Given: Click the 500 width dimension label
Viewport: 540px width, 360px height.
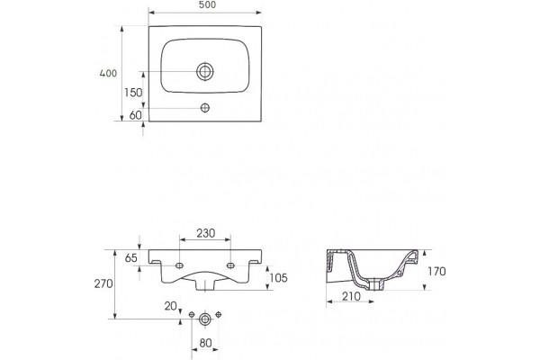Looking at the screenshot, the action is (x=207, y=4).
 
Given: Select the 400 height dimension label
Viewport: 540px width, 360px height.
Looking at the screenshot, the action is (x=108, y=74).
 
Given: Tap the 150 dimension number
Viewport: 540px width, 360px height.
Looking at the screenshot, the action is (x=133, y=93).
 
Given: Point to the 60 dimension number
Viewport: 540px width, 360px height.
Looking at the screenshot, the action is (x=135, y=115).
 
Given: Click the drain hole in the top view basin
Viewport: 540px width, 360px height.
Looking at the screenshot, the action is (x=205, y=72).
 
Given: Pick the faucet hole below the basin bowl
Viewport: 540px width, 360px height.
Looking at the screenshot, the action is (x=205, y=108).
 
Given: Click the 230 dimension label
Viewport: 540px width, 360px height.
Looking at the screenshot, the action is (x=205, y=234).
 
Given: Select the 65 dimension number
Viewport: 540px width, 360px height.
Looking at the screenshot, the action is (x=130, y=258).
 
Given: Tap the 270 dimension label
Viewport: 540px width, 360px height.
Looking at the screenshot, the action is (x=103, y=283).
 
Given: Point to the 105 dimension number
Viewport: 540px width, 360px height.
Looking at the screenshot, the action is (x=278, y=278).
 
